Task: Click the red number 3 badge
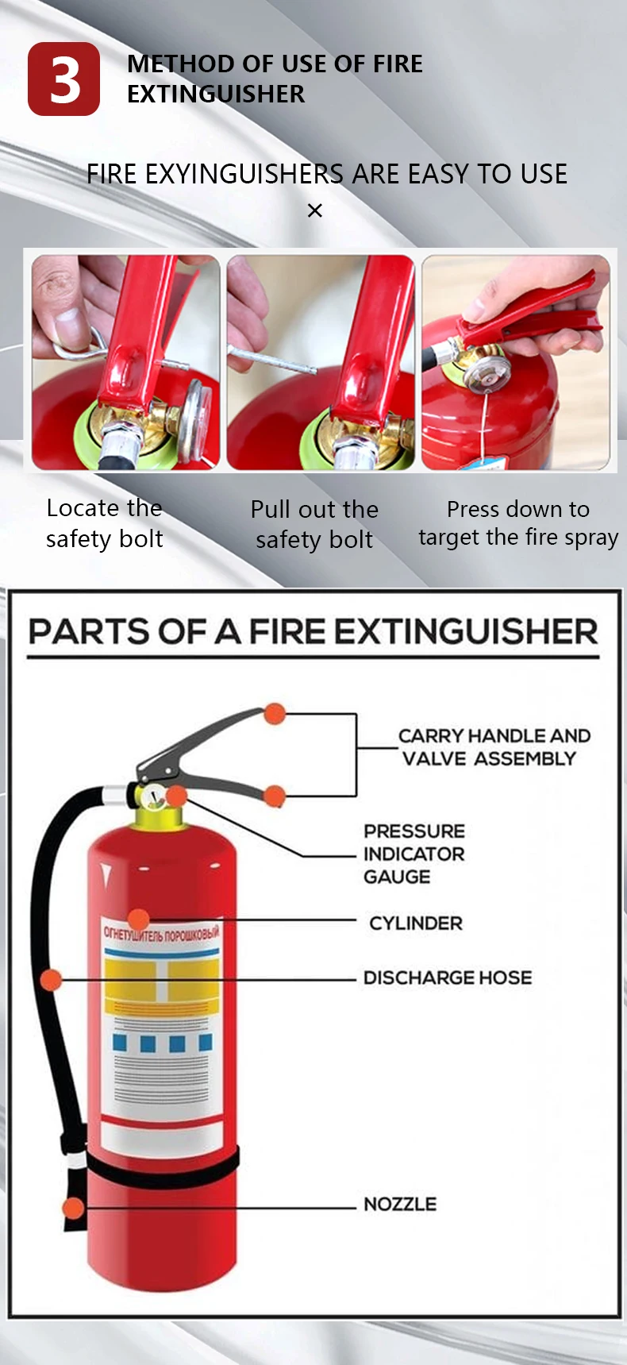tap(63, 79)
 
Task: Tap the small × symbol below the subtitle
tap(315, 210)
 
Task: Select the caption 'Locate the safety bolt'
tap(104, 523)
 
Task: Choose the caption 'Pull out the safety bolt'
tap(314, 524)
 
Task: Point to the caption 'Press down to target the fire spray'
tap(518, 523)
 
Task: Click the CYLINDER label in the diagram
tap(415, 923)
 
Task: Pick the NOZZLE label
tap(400, 1205)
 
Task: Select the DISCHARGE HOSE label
tap(448, 977)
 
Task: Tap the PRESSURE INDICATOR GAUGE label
tap(414, 854)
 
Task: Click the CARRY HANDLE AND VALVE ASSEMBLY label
tap(493, 747)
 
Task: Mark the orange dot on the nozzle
tap(73, 1208)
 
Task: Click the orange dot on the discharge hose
tap(51, 980)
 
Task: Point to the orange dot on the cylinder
tap(138, 920)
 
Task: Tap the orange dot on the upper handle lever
tap(275, 713)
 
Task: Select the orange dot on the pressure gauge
tap(176, 795)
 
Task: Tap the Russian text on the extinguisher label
tap(161, 933)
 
